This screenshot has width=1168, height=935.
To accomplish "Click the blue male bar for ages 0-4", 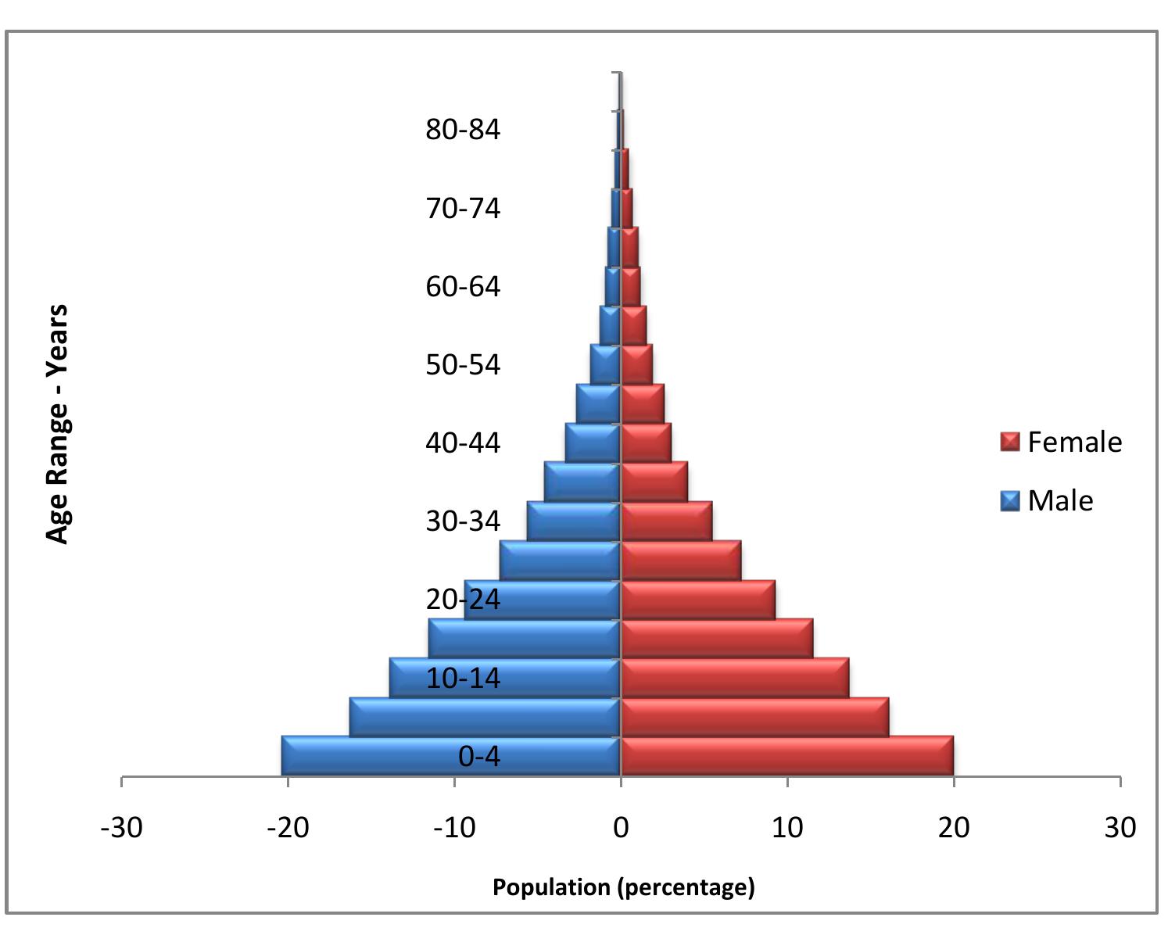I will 367,756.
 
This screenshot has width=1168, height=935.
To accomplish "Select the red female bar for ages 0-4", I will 786,756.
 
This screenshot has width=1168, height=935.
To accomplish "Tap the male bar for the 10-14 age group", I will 407,678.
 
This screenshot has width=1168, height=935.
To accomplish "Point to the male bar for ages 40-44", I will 593,443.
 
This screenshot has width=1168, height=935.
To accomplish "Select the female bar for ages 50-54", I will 636,365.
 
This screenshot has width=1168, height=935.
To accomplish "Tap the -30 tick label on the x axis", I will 122,827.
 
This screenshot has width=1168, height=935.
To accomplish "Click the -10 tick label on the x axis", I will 454,827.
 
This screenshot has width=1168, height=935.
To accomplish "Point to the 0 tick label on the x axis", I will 621,827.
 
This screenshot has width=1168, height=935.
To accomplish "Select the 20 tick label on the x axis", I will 953,827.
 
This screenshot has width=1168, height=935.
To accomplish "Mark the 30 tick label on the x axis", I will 1120,827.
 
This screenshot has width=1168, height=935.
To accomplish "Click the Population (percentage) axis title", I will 623,887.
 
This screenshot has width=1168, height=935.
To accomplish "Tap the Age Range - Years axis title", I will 58,424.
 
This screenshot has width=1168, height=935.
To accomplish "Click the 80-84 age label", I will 462,130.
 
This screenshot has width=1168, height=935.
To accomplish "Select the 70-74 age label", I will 462,209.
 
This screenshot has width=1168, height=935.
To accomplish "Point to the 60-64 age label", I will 462,287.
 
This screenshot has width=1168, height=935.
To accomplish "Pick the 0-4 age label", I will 478,757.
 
